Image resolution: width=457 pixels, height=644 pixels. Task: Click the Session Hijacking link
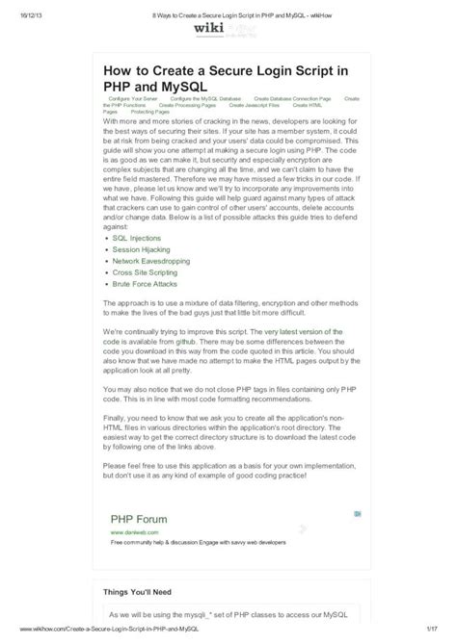pos(141,249)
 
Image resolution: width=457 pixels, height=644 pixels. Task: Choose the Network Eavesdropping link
pos(152,261)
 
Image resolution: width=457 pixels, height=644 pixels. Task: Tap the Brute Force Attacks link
pos(145,285)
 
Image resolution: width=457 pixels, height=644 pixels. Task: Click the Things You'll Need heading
pos(146,593)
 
